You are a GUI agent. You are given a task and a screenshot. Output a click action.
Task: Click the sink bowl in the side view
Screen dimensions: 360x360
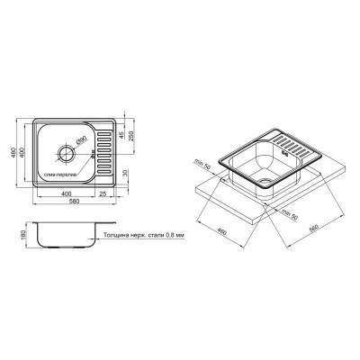click(x=63, y=236)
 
